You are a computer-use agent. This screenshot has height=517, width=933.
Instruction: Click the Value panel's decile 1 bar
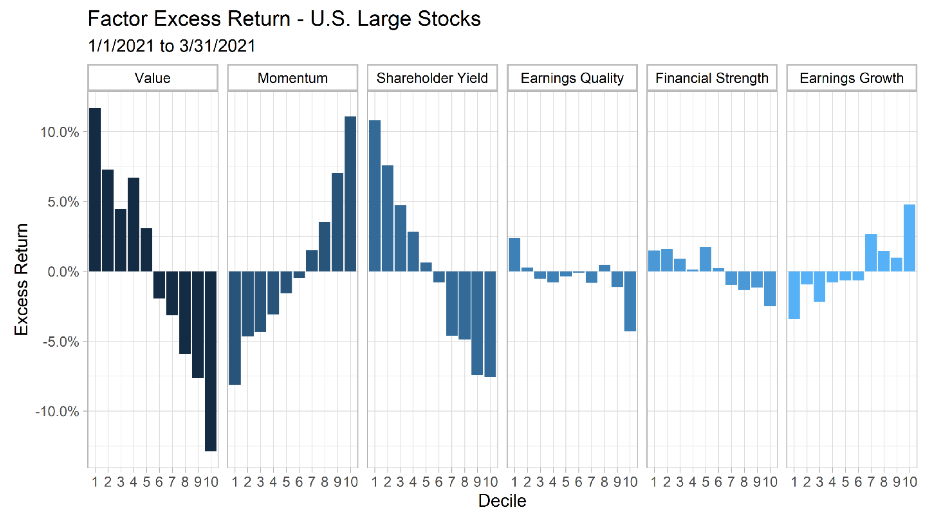tap(95, 190)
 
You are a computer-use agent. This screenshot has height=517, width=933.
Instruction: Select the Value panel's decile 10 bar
tap(211, 361)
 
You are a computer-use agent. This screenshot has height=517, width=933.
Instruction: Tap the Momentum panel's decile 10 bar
tap(350, 194)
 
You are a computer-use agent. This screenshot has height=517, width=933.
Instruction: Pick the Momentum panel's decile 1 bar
tap(235, 328)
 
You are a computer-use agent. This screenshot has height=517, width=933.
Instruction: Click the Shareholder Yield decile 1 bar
tap(374, 196)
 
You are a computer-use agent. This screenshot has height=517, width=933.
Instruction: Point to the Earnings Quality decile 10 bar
tap(630, 301)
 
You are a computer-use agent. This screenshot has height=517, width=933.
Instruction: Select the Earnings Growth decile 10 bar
tap(910, 238)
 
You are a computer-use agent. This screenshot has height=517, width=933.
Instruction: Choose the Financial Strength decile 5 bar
tap(706, 259)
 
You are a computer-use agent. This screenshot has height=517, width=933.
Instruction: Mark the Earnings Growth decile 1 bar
tap(794, 295)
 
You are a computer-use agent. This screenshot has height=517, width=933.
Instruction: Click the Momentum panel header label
tap(293, 78)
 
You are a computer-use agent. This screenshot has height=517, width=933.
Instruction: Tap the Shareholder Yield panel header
tap(432, 78)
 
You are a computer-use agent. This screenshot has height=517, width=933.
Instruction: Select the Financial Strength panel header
tap(712, 78)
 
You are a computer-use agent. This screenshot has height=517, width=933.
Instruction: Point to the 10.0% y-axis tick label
tap(59, 132)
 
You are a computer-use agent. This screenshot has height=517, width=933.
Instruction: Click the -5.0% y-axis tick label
tap(61, 342)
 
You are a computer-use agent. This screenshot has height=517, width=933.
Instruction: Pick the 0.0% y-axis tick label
tap(63, 271)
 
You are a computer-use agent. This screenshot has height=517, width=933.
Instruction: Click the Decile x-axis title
tap(502, 501)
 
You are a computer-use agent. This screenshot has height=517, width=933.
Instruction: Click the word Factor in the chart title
tap(118, 19)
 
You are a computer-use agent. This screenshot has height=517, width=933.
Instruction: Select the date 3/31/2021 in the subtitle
tap(217, 46)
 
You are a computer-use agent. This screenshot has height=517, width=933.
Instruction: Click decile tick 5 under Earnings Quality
tap(566, 482)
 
